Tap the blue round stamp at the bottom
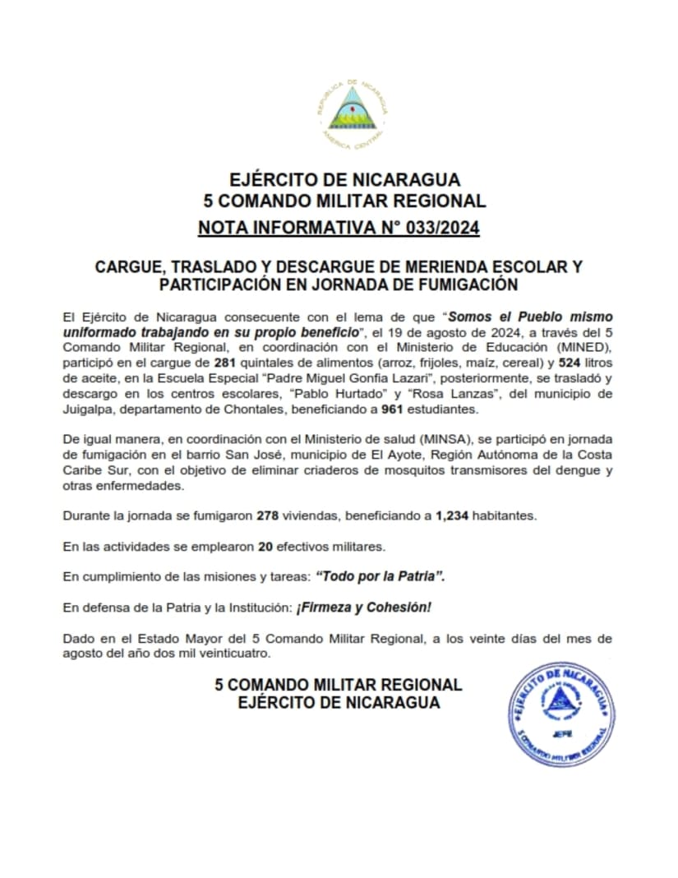(x=563, y=714)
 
